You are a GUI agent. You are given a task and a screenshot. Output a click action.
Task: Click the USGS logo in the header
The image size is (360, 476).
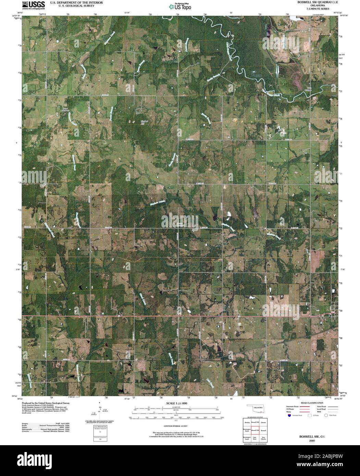(x=33, y=5)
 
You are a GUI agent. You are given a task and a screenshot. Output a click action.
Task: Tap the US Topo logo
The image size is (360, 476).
(x=180, y=6)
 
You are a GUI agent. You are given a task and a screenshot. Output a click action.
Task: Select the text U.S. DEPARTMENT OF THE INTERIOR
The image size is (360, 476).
(x=72, y=2)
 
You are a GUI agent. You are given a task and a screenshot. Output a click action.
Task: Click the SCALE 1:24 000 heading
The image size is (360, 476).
(x=177, y=404)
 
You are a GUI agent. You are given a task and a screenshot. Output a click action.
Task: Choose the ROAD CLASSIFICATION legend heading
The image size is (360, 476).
(x=312, y=403)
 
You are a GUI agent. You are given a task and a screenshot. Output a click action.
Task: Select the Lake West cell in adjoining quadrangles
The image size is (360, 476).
(x=255, y=438)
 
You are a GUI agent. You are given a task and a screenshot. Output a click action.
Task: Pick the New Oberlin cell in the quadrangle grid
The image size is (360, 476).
(x=263, y=438)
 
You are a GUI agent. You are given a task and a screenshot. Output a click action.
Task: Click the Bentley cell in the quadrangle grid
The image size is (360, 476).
(x=247, y=422)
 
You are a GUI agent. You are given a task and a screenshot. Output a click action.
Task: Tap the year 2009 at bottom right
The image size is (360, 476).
(x=312, y=440)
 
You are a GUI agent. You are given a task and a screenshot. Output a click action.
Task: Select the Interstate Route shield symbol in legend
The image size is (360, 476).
(x=289, y=415)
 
